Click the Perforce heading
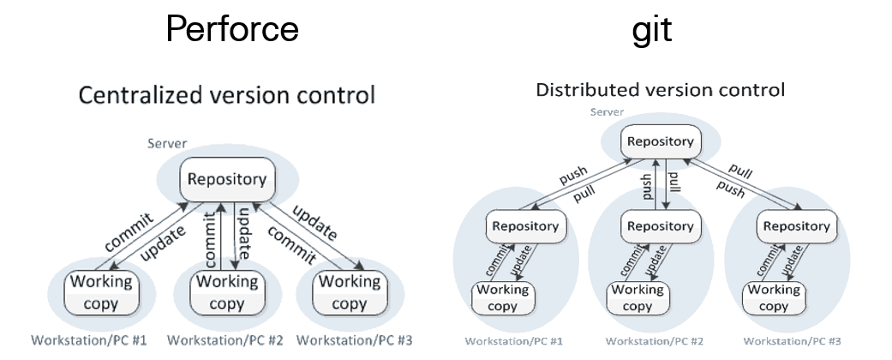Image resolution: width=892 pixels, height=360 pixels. [231, 28]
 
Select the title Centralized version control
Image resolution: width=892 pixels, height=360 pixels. [226, 94]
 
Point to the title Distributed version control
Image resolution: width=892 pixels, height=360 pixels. [660, 89]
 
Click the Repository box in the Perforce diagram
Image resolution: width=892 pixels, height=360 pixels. [226, 181]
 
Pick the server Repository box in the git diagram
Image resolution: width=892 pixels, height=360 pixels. [660, 141]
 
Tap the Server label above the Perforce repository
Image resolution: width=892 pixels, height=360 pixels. [166, 143]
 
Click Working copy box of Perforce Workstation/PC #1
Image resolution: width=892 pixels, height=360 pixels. [101, 292]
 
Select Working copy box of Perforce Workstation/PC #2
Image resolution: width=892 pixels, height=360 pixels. [226, 292]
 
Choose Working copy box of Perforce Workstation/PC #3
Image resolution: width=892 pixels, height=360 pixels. [349, 292]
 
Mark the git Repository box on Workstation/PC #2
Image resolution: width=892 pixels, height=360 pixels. [660, 226]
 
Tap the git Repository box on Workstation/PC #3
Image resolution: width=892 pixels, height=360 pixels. [796, 226]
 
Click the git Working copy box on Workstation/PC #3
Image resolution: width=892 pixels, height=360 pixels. [774, 297]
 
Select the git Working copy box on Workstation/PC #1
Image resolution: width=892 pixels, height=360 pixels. [502, 297]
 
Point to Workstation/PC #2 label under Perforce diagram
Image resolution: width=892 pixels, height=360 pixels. [225, 340]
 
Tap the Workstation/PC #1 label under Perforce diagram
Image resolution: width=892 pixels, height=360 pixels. [89, 340]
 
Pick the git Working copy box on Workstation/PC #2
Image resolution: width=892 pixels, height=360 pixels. [638, 297]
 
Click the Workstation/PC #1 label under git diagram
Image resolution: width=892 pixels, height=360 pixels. [514, 341]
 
